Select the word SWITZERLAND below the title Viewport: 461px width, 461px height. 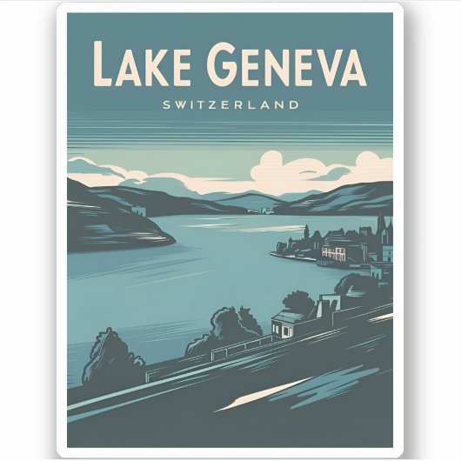230,104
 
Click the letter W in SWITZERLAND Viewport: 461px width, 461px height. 181,104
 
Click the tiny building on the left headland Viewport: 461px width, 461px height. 137,211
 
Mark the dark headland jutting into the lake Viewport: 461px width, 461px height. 122,230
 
